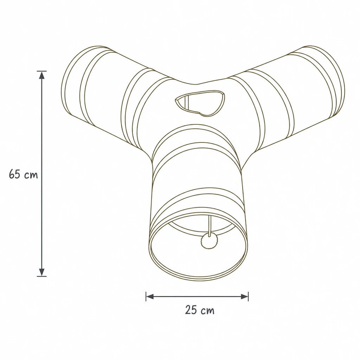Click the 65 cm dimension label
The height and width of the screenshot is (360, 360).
[x=23, y=174]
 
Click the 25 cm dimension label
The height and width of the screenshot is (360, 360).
[x=200, y=310]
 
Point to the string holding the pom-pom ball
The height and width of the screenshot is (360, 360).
[x=209, y=225]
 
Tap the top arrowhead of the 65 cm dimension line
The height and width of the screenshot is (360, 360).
[x=41, y=75]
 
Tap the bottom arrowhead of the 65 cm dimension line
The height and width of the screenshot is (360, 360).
[x=41, y=272]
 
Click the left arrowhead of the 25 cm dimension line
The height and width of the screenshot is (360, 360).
[x=150, y=296]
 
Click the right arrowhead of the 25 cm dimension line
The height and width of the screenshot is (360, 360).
[x=244, y=296]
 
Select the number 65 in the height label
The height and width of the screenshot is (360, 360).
[x=15, y=174]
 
